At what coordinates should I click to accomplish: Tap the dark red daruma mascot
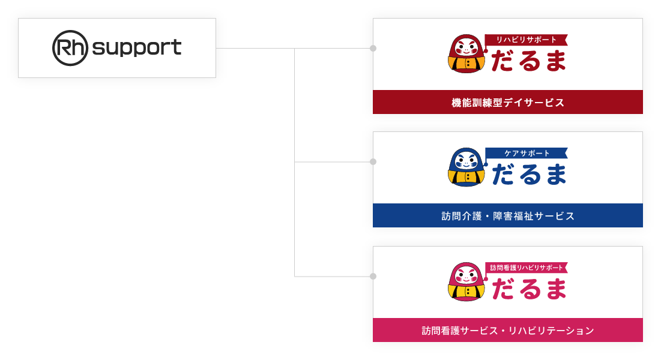pyautogui.click(x=466, y=54)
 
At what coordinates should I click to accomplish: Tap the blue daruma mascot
pyautogui.click(x=466, y=167)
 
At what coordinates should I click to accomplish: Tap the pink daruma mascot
pyautogui.click(x=466, y=282)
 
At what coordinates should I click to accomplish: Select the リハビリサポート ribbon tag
pyautogui.click(x=526, y=40)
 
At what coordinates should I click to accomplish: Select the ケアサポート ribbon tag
pyautogui.click(x=526, y=153)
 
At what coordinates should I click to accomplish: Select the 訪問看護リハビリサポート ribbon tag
pyautogui.click(x=526, y=268)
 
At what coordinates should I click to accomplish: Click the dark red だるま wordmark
pyautogui.click(x=528, y=60)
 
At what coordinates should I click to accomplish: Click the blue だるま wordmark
pyautogui.click(x=528, y=174)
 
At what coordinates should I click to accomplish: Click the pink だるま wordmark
pyautogui.click(x=528, y=289)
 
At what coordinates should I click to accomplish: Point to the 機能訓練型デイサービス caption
pyautogui.click(x=508, y=103)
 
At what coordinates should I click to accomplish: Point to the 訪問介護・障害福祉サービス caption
pyautogui.click(x=508, y=216)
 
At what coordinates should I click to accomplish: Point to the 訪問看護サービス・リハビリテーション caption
pyautogui.click(x=508, y=331)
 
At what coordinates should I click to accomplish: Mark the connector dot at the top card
pyautogui.click(x=373, y=48)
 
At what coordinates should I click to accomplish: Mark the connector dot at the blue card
pyautogui.click(x=373, y=162)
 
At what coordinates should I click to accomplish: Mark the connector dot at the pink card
pyautogui.click(x=373, y=277)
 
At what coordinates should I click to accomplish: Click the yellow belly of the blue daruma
pyautogui.click(x=466, y=178)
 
